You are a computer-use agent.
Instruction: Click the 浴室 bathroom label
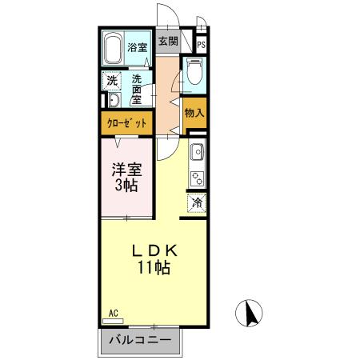(x=137, y=47)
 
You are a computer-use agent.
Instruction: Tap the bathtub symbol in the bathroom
(x=113, y=48)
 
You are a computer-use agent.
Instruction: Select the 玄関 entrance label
(x=166, y=42)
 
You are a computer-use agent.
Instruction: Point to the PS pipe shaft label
(x=201, y=46)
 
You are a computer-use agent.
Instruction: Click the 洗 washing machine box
(x=113, y=80)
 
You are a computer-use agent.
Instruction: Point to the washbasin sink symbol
(x=113, y=100)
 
